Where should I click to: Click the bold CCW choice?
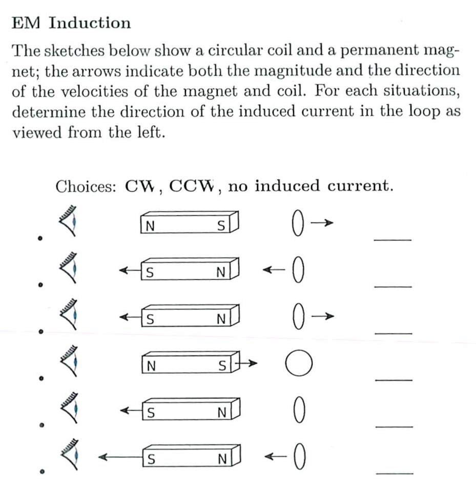coord(191,186)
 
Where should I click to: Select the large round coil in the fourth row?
coord(299,364)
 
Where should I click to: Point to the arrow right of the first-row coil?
coord(322,222)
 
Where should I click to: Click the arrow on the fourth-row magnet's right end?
coord(248,364)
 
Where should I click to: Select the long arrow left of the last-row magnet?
coord(120,457)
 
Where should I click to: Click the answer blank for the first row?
coord(392,239)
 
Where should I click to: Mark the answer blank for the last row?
coord(394,474)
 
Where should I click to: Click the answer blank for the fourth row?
coord(393,380)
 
